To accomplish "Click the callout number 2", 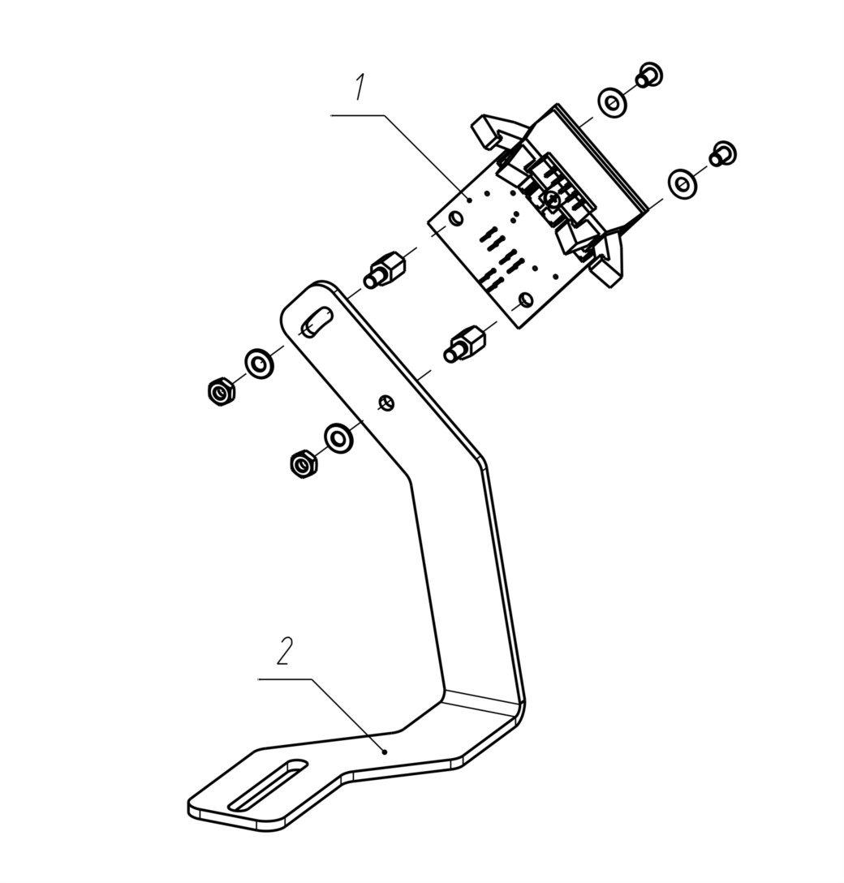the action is click(x=285, y=651).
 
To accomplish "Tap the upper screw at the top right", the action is click(x=650, y=75).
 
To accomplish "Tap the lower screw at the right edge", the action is click(x=723, y=153).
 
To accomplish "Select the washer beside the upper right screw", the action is click(x=613, y=103).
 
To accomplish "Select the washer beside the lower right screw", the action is click(x=682, y=183).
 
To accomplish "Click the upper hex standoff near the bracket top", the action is click(x=385, y=271).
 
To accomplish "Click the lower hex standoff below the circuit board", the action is click(x=464, y=345).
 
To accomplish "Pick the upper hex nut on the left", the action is click(x=220, y=391).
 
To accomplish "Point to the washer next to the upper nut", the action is click(x=259, y=364).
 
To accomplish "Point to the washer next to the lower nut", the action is click(x=338, y=435).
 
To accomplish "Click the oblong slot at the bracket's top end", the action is click(x=316, y=322).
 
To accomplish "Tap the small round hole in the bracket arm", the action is click(x=387, y=403).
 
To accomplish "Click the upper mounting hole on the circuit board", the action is click(x=455, y=218).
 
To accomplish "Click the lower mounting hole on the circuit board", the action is click(x=525, y=299).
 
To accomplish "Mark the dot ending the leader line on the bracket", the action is click(x=385, y=752).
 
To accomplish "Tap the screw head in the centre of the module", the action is click(x=552, y=197).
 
